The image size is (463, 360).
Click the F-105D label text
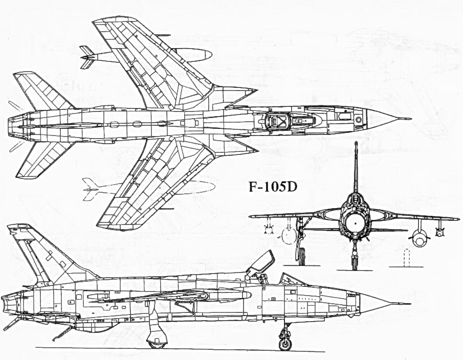272,187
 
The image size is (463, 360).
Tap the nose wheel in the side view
285,344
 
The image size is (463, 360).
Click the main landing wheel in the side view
157,343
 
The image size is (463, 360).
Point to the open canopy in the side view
261,263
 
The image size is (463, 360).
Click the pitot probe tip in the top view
411,119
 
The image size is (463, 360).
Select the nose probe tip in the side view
410,304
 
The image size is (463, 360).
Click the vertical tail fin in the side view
47,254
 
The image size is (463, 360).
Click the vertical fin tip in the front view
356,143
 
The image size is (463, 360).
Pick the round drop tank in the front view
420,238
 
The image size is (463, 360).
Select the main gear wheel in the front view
302,256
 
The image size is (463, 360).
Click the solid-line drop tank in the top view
146,55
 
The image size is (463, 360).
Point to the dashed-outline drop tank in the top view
149,188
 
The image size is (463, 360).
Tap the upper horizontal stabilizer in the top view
43,90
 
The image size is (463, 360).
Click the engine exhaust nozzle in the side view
12,304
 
